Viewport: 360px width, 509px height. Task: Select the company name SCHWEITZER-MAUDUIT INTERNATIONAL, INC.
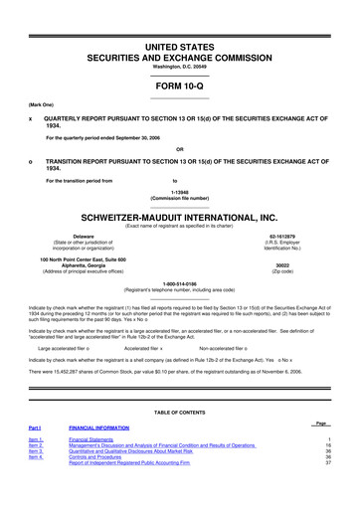coord(180,215)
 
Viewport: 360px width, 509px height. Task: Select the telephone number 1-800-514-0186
coord(180,284)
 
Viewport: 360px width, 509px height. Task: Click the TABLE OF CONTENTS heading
coord(180,412)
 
